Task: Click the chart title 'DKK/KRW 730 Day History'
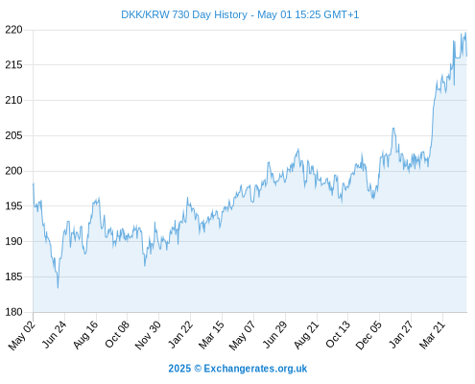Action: pos(184,14)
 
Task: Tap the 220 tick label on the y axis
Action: pos(13,30)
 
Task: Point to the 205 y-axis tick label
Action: pos(13,135)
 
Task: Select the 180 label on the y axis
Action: pos(13,312)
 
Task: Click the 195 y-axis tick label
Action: pos(13,206)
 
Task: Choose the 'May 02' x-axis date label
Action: pos(21,335)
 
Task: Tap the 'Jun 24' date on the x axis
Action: pos(54,334)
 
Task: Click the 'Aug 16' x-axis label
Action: pos(85,334)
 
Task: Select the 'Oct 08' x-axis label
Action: pos(117,334)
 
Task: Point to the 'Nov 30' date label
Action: pos(148,335)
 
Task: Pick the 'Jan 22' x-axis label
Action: pos(180,334)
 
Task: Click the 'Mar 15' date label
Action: pos(211,335)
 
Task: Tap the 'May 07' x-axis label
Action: pos(242,335)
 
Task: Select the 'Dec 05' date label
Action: pos(368,335)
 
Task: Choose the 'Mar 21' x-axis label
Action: pos(432,334)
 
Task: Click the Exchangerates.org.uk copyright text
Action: pos(238,369)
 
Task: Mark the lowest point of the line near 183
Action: pos(58,288)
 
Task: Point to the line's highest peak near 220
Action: pos(465,33)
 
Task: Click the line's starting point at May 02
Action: pos(34,183)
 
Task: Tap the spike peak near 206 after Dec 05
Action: pos(393,129)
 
